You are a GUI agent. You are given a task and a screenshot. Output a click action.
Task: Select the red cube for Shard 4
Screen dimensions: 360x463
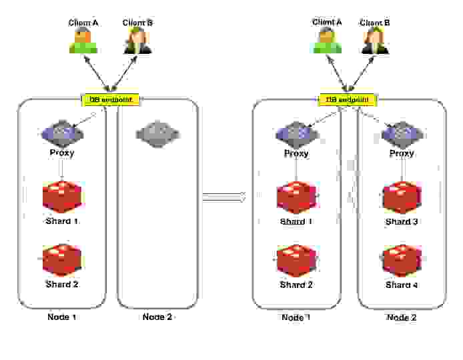[402, 261]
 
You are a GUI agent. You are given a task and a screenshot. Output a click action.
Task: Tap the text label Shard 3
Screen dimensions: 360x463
[402, 221]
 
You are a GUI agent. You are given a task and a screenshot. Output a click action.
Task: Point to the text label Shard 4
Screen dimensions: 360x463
[402, 285]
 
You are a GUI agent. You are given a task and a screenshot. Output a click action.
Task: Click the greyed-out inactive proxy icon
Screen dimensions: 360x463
[157, 133]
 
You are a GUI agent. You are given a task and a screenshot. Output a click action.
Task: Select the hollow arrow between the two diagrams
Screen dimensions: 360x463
[225, 196]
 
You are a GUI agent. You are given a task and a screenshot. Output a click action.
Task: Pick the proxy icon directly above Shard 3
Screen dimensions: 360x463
[402, 133]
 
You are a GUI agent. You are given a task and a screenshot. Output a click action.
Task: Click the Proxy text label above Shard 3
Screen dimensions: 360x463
[402, 153]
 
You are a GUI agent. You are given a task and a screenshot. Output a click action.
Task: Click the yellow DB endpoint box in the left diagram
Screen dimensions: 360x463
[111, 100]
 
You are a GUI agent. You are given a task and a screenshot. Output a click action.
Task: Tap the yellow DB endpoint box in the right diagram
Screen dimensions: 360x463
[347, 100]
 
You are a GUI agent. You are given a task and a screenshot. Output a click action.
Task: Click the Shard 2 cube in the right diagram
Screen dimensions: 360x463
[296, 261]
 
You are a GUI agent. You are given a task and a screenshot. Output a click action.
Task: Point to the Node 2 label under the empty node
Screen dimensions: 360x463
[157, 317]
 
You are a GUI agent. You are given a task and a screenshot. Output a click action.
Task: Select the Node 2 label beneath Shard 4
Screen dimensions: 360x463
[402, 317]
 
